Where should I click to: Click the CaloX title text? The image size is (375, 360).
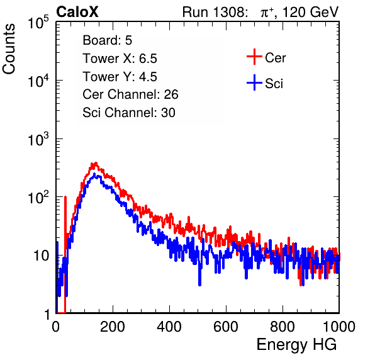click(77, 12)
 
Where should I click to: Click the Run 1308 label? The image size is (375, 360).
click(215, 12)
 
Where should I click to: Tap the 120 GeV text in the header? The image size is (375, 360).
click(311, 12)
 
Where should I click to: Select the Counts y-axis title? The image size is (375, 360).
click(9, 49)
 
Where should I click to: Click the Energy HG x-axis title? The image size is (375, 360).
click(296, 345)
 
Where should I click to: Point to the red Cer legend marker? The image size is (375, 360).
click(254, 57)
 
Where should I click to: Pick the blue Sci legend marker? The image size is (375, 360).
click(254, 82)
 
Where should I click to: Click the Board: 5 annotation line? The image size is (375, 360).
click(108, 40)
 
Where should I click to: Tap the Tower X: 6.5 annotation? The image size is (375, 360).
click(120, 59)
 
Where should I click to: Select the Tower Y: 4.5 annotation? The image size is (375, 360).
click(120, 77)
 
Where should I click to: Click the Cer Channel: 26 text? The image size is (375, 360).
click(130, 94)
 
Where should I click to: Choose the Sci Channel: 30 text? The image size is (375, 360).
click(129, 113)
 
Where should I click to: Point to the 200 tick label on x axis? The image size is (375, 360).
click(113, 327)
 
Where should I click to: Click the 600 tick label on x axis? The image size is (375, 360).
click(226, 327)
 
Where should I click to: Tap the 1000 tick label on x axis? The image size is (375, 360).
click(339, 327)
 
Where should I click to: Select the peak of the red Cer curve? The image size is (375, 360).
click(96, 164)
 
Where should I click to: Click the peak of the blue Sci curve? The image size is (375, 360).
click(94, 174)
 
